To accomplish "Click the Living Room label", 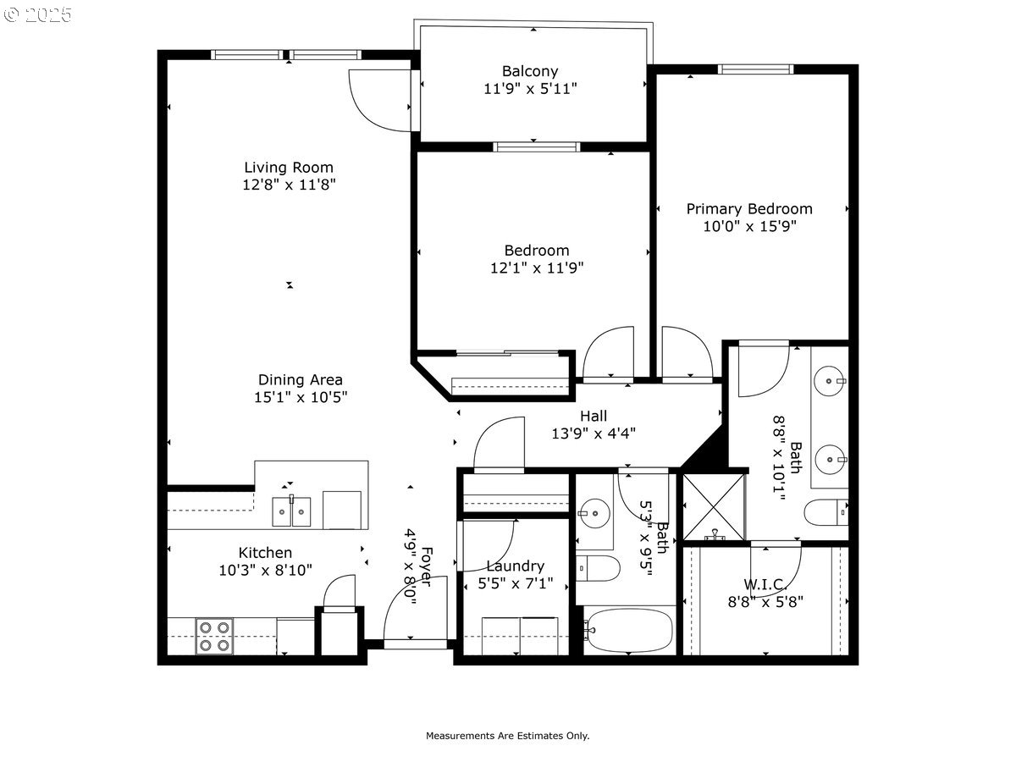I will click(x=289, y=168).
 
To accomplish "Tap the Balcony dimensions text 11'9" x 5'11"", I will click(x=530, y=88).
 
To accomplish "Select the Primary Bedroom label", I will click(x=749, y=209).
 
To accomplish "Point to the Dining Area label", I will click(x=301, y=380).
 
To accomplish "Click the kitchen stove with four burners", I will click(x=214, y=636).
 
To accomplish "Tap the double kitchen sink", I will click(x=291, y=511).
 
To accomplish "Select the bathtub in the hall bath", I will click(x=628, y=631).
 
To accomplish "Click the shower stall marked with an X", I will click(x=714, y=506).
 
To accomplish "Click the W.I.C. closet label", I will click(x=765, y=584).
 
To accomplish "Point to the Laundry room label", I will click(x=515, y=566).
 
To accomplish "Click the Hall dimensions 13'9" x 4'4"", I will click(x=593, y=433).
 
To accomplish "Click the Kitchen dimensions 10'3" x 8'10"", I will click(x=265, y=570).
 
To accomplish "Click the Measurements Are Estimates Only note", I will click(x=507, y=736).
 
